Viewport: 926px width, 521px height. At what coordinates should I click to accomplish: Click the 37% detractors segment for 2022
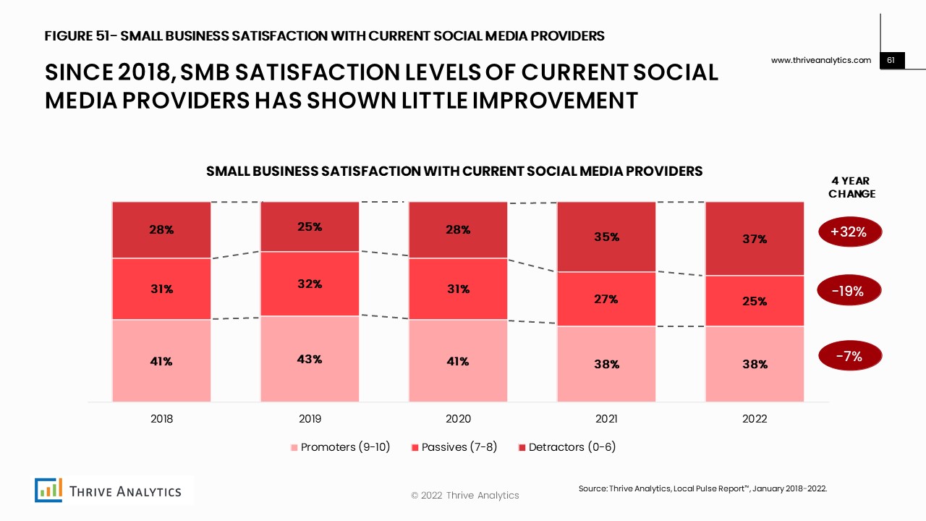click(755, 239)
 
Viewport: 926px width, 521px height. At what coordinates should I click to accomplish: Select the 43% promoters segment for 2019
click(310, 359)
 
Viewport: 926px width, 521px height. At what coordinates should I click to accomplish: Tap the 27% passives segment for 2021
click(606, 299)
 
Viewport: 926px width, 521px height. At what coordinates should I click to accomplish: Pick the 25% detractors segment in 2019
click(310, 226)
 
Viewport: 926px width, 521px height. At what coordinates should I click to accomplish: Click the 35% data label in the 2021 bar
click(606, 237)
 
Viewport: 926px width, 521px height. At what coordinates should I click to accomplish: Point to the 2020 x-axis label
click(458, 419)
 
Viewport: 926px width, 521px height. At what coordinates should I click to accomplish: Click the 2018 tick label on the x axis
click(161, 419)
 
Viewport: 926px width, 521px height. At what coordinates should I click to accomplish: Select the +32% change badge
click(851, 232)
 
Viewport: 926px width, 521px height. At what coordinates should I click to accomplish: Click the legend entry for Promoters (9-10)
click(340, 447)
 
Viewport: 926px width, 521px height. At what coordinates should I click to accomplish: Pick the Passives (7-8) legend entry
click(454, 447)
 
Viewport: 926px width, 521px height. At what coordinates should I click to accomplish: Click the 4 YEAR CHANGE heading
click(851, 187)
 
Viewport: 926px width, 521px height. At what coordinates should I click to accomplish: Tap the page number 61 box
click(892, 61)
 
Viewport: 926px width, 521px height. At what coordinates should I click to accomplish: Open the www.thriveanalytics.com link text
click(821, 61)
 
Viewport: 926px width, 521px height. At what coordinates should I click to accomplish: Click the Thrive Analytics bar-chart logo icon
click(48, 490)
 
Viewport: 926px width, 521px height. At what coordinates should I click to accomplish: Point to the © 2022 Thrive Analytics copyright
click(464, 496)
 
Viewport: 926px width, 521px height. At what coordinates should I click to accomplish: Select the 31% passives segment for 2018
click(161, 289)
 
